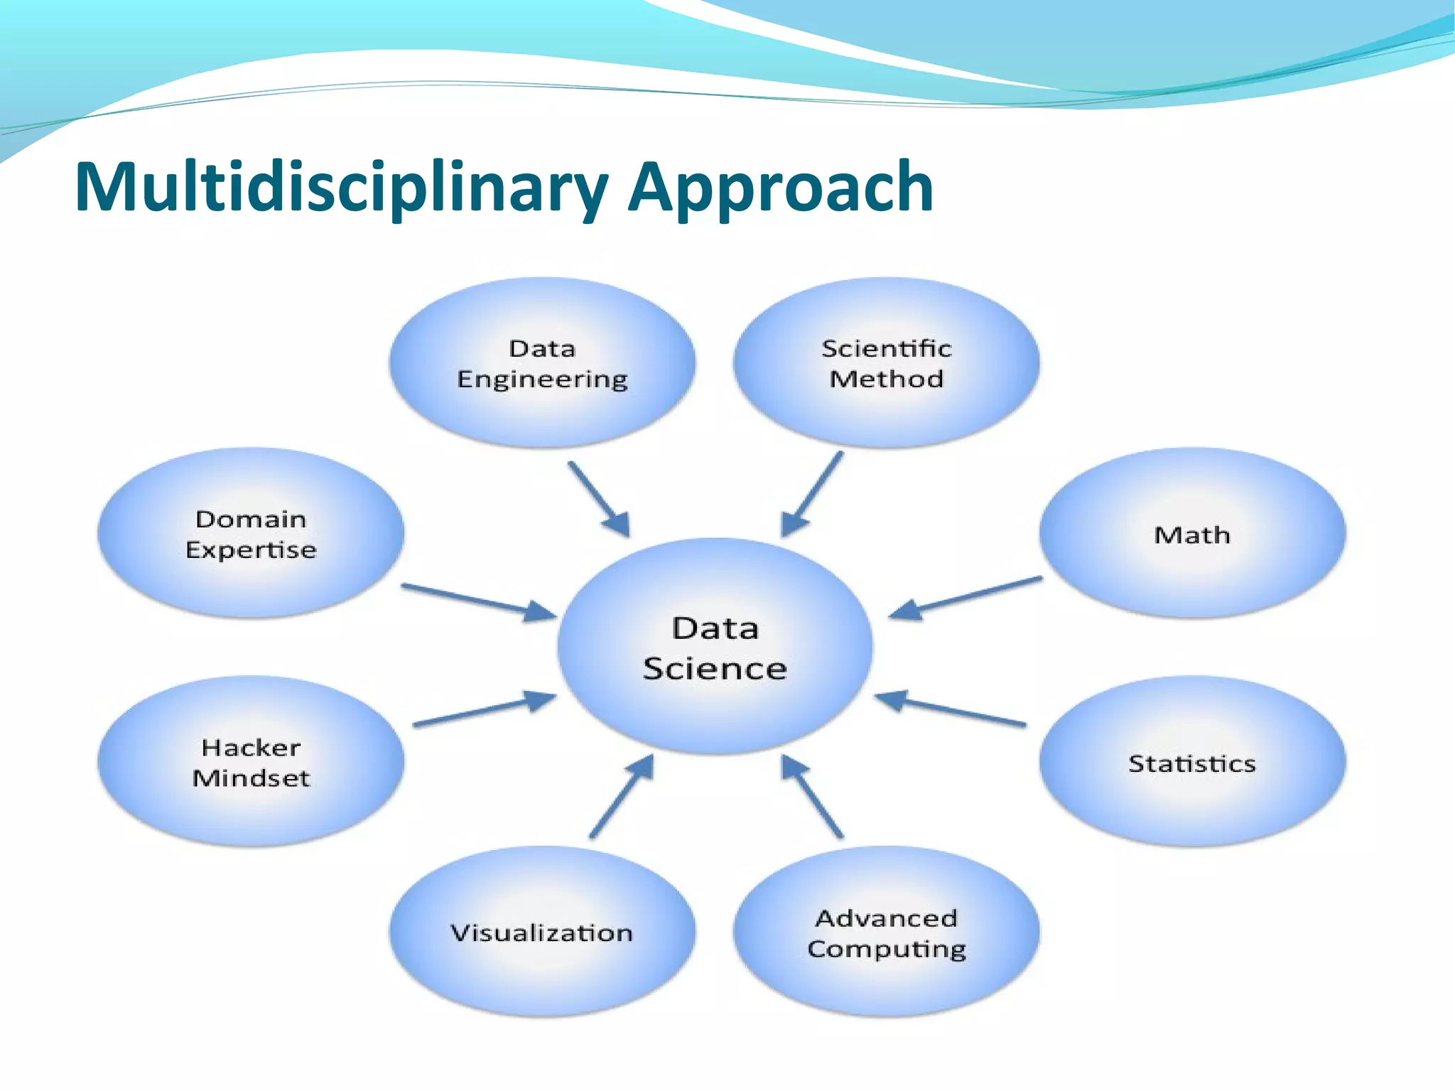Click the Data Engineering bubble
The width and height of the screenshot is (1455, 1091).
pyautogui.click(x=542, y=362)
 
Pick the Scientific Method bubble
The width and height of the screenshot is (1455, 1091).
pyautogui.click(x=886, y=362)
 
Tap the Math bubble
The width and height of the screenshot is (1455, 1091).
pyautogui.click(x=1192, y=533)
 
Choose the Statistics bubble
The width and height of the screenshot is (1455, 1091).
pyautogui.click(x=1192, y=762)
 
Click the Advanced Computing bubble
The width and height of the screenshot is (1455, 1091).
pyautogui.click(x=886, y=933)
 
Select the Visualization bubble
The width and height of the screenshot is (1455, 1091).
pyautogui.click(x=542, y=933)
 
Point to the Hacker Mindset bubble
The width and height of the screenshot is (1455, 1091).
pyautogui.click(x=251, y=762)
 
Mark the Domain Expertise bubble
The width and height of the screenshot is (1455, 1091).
pyautogui.click(x=251, y=533)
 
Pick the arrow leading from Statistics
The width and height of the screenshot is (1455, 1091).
pyautogui.click(x=951, y=711)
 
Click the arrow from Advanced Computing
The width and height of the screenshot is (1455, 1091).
pyautogui.click(x=813, y=796)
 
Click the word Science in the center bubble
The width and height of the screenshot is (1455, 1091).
pyautogui.click(x=715, y=669)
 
